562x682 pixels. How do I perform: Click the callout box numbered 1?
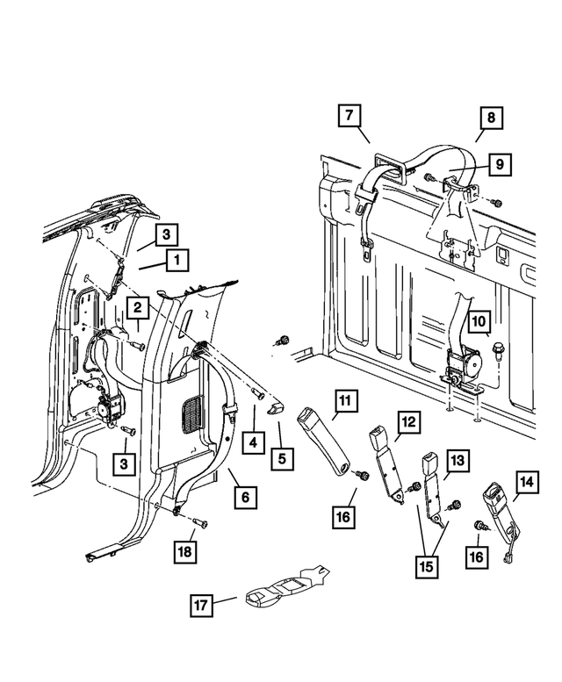click(x=177, y=260)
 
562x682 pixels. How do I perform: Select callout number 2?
click(x=137, y=307)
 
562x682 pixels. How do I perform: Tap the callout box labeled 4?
click(x=252, y=442)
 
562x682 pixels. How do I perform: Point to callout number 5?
click(x=282, y=457)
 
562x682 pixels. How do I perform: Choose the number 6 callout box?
click(x=245, y=498)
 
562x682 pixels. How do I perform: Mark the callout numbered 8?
click(x=491, y=116)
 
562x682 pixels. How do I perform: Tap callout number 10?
click(x=479, y=323)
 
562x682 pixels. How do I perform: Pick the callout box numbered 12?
click(x=407, y=423)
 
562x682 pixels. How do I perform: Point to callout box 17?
click(x=201, y=605)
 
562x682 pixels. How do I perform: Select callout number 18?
click(x=184, y=551)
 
